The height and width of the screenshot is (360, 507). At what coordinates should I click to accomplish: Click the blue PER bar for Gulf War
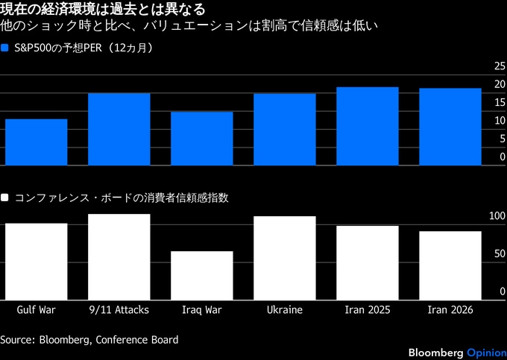(x=36, y=142)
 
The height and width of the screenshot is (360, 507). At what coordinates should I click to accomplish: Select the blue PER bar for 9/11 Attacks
(x=119, y=129)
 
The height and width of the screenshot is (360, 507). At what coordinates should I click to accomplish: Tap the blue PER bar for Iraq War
(x=201, y=138)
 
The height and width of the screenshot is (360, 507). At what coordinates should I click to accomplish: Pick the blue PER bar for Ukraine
(x=284, y=129)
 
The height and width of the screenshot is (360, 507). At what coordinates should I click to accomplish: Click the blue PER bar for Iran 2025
(x=367, y=126)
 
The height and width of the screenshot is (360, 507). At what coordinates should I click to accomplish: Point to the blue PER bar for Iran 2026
(x=450, y=127)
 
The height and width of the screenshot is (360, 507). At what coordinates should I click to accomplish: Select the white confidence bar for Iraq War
(x=201, y=274)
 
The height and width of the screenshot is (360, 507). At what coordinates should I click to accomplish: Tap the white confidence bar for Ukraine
(x=284, y=257)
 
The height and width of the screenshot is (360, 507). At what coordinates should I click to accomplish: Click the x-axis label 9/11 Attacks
(x=119, y=309)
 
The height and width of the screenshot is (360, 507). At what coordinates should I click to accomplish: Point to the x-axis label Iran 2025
(x=367, y=309)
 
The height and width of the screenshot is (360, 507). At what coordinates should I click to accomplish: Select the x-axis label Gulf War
(x=36, y=309)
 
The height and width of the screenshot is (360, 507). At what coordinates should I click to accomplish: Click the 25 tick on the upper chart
(x=500, y=66)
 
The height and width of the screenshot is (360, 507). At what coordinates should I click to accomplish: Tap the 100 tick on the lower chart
(x=497, y=216)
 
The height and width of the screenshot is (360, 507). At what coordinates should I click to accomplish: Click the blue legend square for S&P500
(x=5, y=48)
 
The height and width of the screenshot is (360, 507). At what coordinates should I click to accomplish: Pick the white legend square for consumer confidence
(x=5, y=198)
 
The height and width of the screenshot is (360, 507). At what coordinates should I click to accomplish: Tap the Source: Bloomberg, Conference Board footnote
(x=89, y=340)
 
